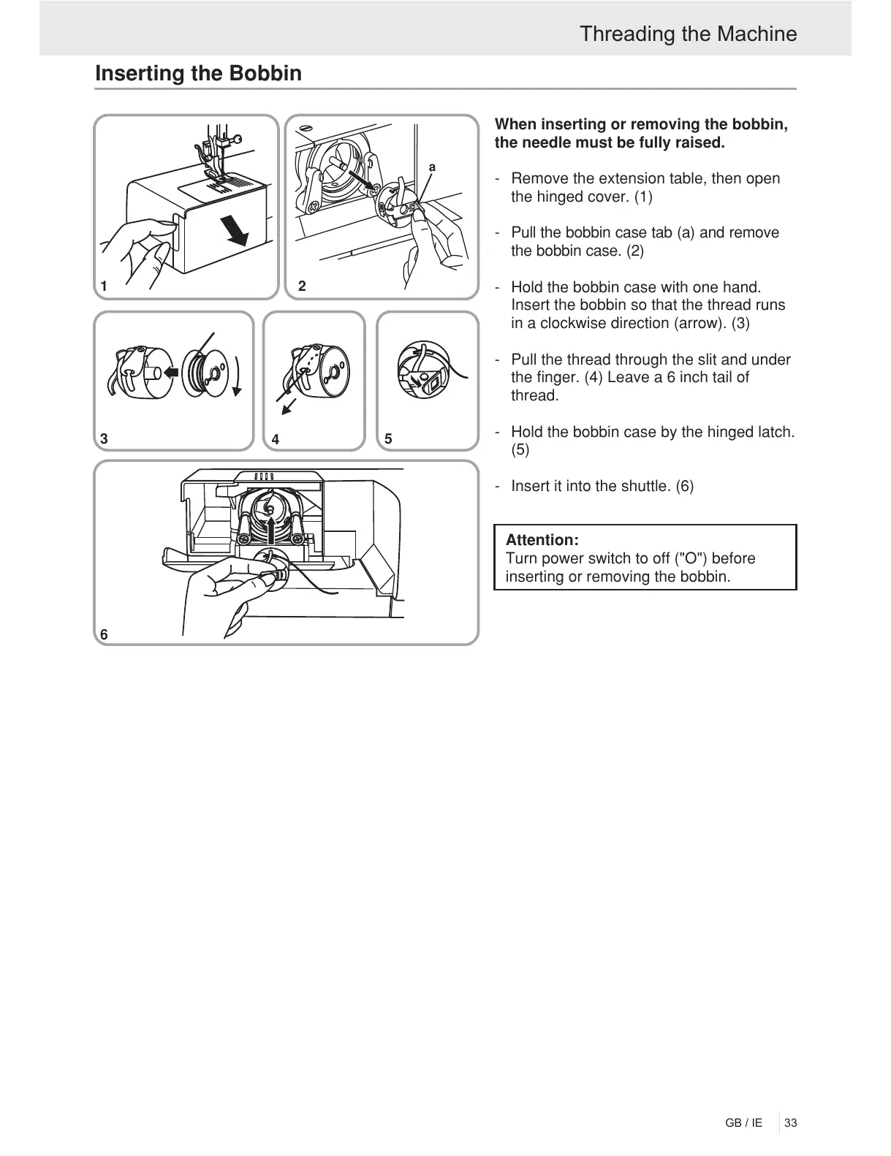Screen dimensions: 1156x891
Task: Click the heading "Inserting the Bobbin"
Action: (198, 74)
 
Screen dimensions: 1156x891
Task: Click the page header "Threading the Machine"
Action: (688, 34)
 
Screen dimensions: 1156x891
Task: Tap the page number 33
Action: (790, 1123)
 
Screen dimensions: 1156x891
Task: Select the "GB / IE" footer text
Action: (743, 1123)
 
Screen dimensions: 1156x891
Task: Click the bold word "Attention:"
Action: (542, 540)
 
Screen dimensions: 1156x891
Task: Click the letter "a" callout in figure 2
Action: (432, 167)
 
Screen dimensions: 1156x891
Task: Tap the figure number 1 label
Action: (105, 286)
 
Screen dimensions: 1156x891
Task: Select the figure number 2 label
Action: (303, 286)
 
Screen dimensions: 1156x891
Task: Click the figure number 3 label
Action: (105, 439)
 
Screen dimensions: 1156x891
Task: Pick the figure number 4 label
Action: (275, 440)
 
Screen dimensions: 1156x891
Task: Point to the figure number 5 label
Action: (388, 439)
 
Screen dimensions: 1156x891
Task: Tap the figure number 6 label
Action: (104, 635)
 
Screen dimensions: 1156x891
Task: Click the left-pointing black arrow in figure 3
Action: (172, 371)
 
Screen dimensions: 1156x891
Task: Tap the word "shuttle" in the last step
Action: (648, 486)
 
